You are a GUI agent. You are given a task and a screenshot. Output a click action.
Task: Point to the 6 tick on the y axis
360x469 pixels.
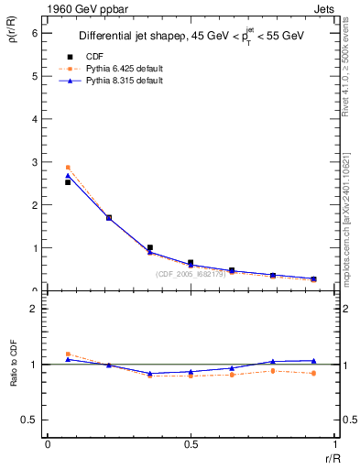point(36,33)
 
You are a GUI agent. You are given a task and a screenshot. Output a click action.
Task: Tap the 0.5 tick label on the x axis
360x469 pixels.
point(190,445)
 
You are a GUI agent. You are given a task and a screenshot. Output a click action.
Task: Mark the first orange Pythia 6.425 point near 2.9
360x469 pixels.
point(68,168)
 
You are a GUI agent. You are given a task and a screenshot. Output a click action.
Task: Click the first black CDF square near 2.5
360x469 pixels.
point(68,182)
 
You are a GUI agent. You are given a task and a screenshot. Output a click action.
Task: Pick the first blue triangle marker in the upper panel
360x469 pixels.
point(68,175)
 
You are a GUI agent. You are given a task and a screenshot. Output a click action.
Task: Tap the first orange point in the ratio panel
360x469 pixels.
point(68,354)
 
